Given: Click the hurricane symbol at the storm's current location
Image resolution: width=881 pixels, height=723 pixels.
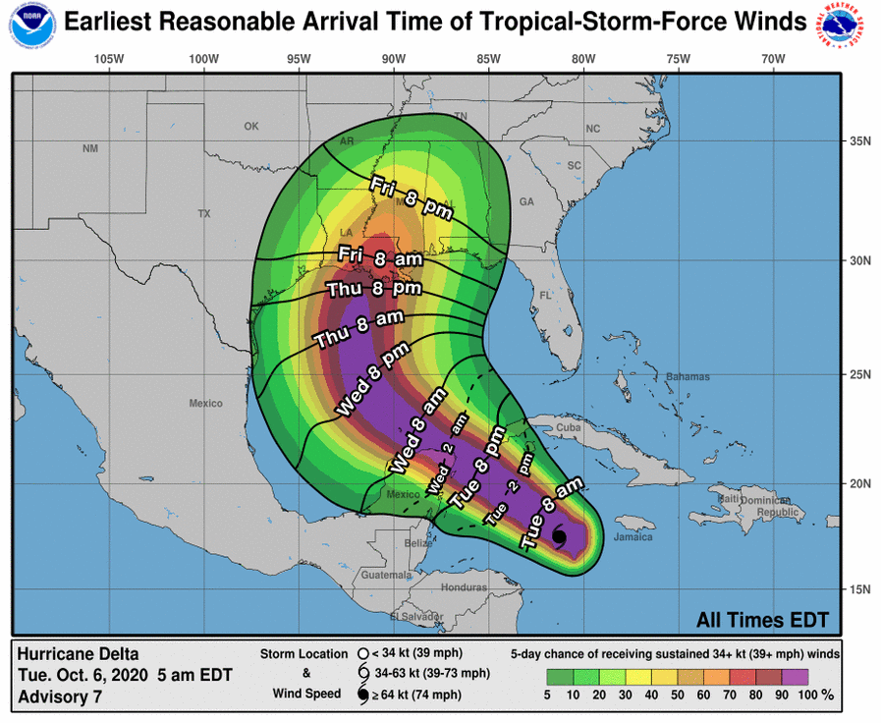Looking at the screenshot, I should [x=559, y=539].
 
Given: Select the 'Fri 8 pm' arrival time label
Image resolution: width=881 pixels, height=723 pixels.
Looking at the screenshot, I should [x=410, y=196].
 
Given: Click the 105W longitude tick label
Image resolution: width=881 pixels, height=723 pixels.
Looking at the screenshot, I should [x=109, y=60].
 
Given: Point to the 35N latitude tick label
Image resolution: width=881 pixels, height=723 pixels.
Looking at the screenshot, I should [x=860, y=141].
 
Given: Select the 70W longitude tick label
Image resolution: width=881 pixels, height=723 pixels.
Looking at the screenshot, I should [x=773, y=60].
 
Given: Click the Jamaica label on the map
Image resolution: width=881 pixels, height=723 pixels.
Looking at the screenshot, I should [x=633, y=537].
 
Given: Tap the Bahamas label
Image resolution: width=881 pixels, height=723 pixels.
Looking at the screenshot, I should [x=680, y=377].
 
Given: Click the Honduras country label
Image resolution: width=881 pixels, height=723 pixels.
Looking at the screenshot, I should [x=464, y=587].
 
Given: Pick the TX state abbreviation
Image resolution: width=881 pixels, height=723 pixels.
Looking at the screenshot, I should [x=204, y=213].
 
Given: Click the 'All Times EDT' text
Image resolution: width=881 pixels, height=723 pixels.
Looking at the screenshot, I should [x=762, y=620].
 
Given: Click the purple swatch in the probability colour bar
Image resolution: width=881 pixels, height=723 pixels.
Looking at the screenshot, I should [x=794, y=676].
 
